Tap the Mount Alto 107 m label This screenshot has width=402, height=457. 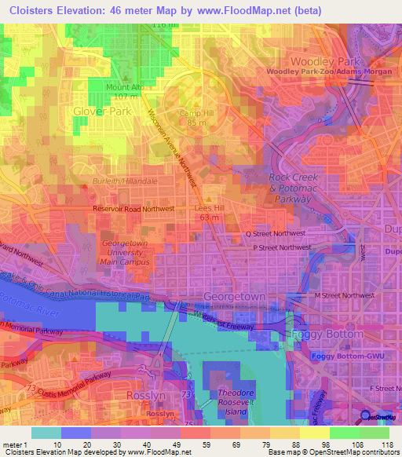point(108,92)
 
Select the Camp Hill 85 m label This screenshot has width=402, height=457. point(197,118)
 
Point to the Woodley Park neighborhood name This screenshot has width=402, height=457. point(323,61)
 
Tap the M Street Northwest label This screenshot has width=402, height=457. point(345,294)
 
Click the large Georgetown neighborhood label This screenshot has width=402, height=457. point(236,297)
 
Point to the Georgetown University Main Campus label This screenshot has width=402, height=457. point(126,253)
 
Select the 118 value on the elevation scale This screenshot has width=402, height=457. point(386,444)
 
